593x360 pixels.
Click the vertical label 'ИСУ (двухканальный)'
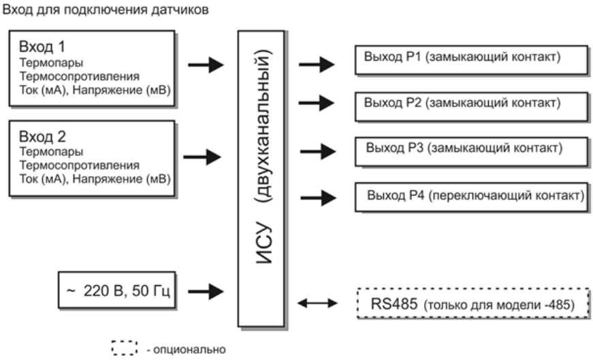click(x=268, y=178)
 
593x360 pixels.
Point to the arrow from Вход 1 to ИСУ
click(x=206, y=65)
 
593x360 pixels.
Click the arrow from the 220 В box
click(x=206, y=291)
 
